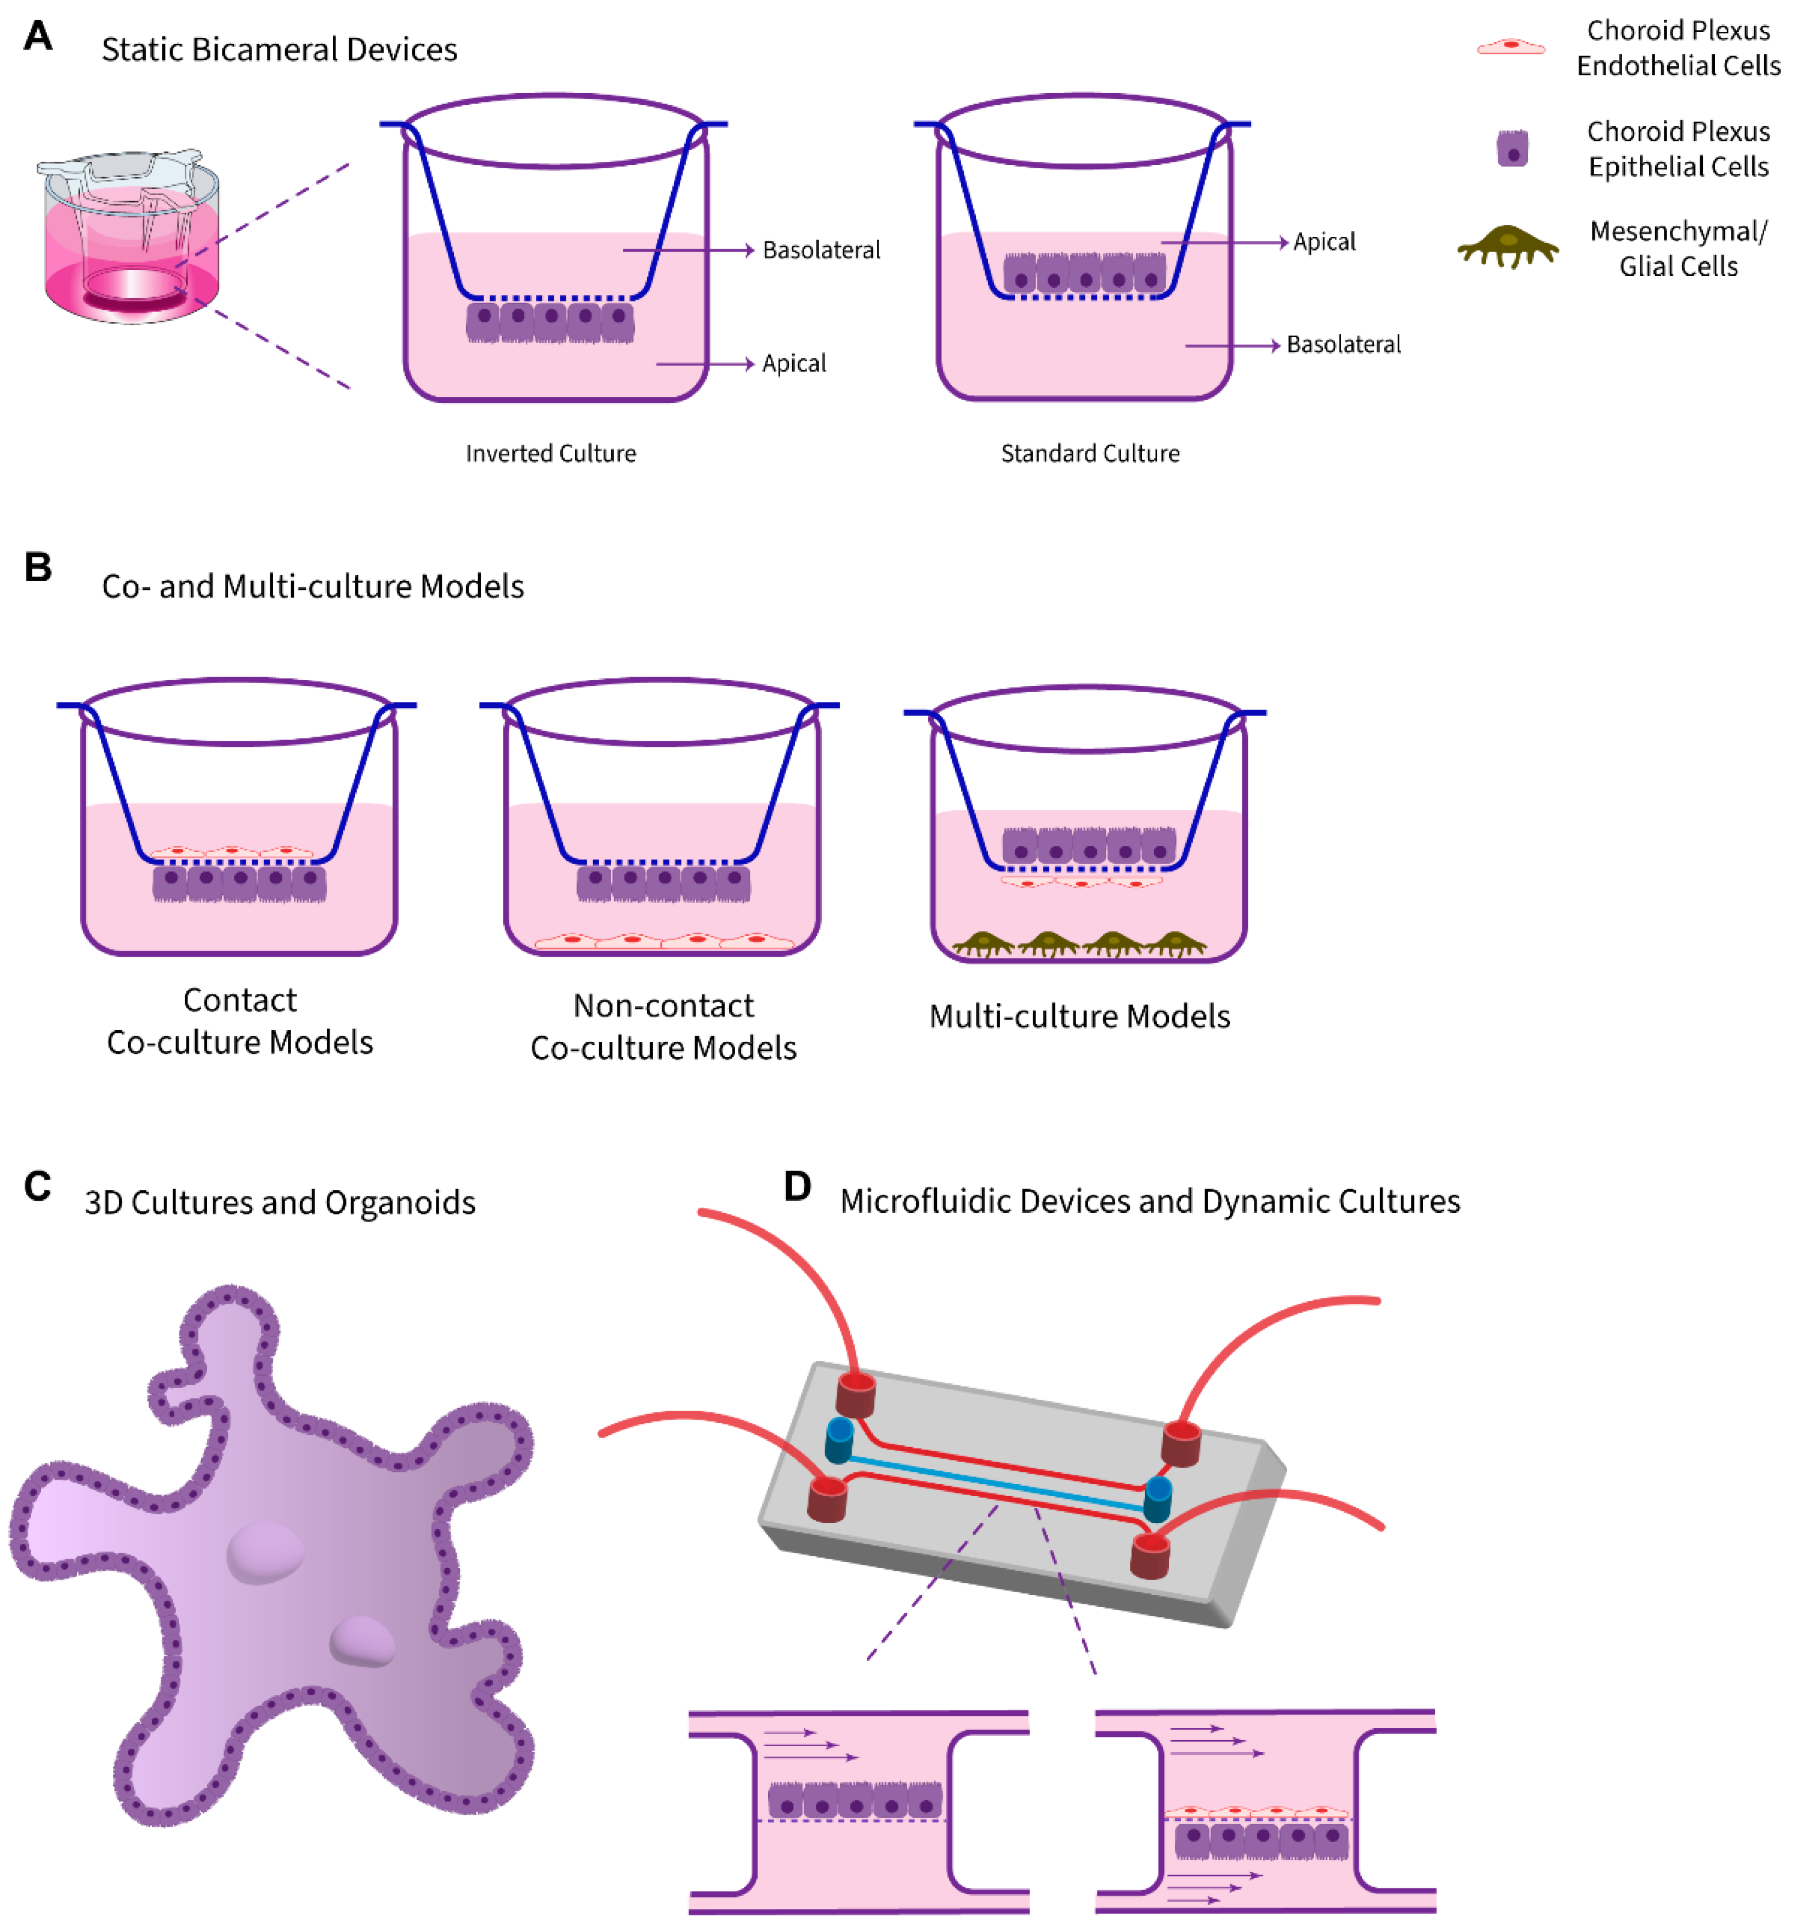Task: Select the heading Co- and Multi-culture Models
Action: point(313,587)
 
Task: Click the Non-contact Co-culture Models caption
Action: point(663,1027)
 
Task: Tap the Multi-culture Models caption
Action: point(1079,1016)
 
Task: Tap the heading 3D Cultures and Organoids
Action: point(280,1202)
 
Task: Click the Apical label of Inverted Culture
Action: point(794,364)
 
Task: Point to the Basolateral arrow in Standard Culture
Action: point(1231,346)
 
